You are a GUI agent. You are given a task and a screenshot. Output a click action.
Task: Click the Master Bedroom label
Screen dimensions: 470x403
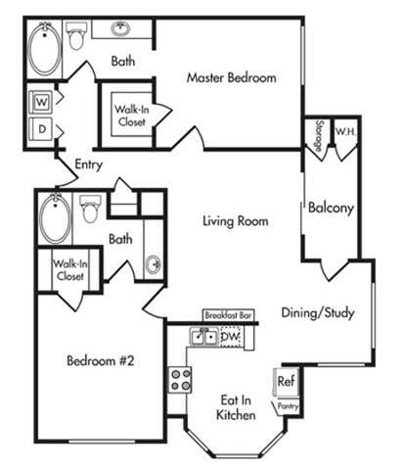(231, 78)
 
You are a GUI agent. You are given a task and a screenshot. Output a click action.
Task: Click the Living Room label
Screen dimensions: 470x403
(235, 221)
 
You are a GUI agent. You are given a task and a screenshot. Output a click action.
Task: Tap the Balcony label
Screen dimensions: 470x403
(330, 208)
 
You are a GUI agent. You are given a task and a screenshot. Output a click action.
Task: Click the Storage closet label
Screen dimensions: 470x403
(319, 131)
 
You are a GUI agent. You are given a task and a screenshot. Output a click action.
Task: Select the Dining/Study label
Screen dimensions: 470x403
(317, 313)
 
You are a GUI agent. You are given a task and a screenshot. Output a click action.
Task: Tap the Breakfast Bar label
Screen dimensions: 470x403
(228, 315)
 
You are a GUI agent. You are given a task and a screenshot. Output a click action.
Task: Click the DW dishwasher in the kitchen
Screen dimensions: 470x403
(230, 337)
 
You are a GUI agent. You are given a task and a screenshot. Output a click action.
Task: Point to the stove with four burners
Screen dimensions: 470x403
(180, 379)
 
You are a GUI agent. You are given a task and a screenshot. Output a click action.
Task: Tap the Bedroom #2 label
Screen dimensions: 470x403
(100, 360)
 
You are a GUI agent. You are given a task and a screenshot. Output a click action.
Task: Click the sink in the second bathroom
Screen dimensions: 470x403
(153, 264)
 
